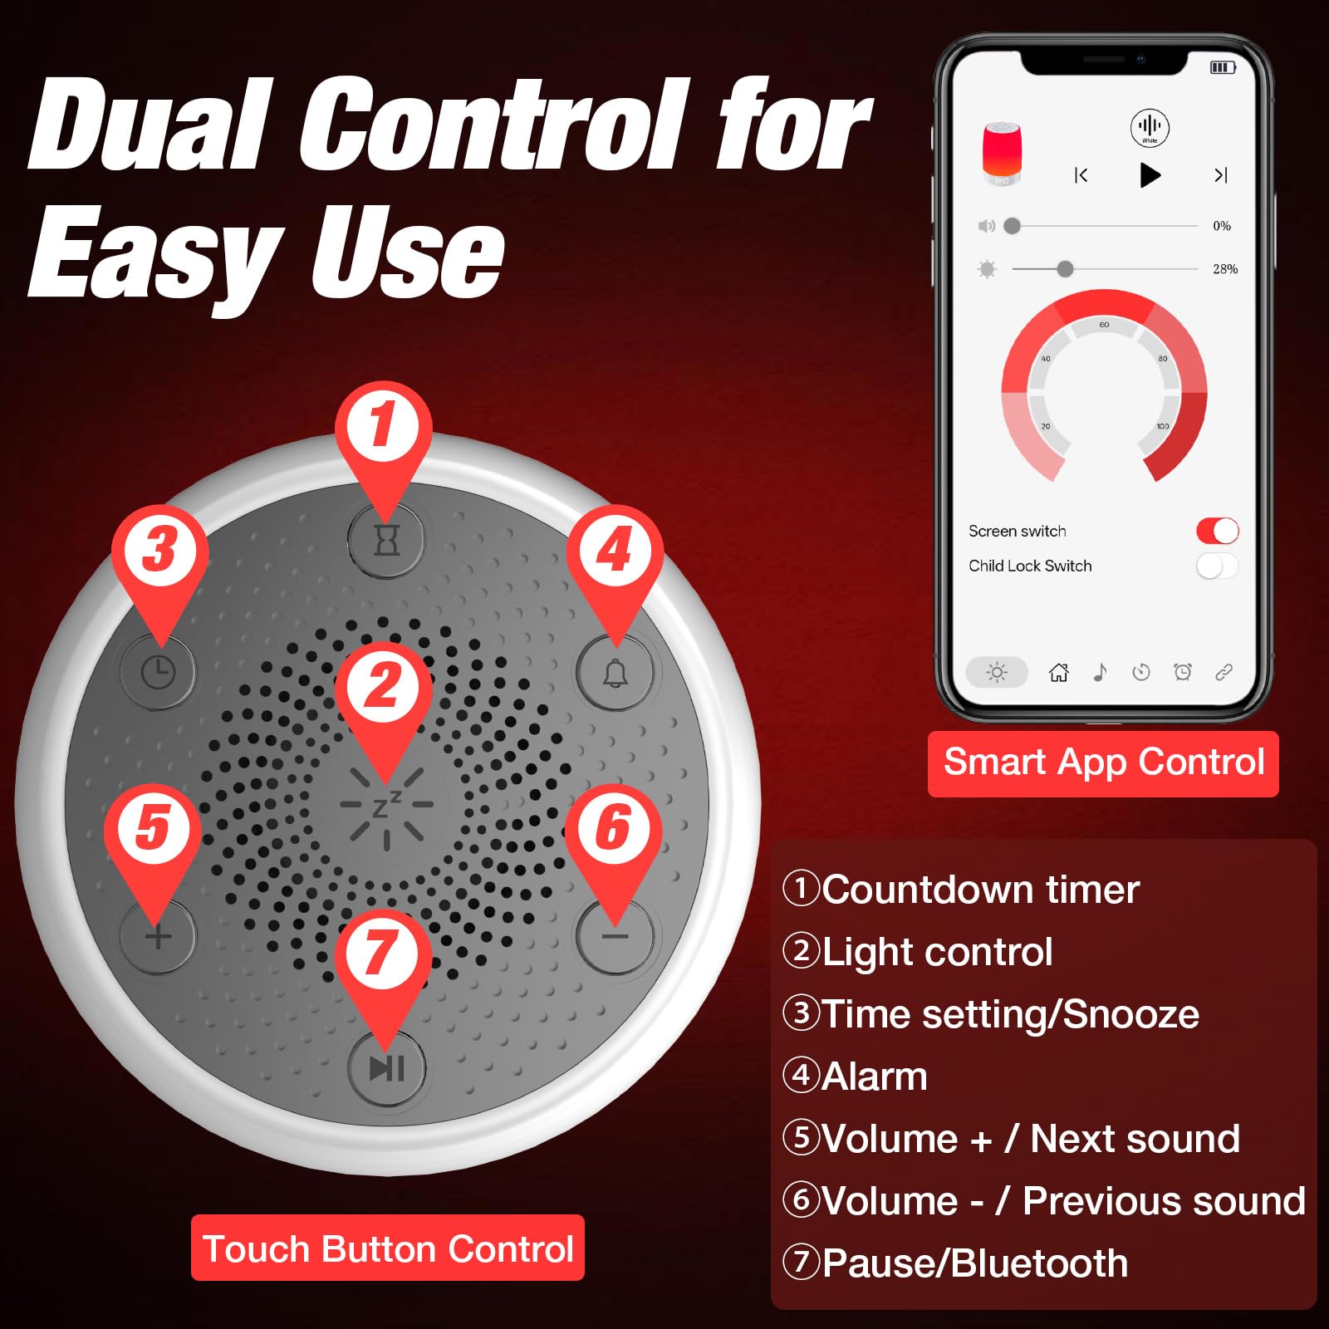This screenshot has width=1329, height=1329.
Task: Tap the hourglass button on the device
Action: click(386, 540)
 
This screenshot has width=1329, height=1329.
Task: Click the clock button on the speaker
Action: click(158, 672)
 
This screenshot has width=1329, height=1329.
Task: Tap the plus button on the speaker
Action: click(158, 937)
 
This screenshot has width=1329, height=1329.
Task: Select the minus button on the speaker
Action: click(615, 937)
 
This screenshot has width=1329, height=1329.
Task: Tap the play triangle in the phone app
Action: click(1150, 175)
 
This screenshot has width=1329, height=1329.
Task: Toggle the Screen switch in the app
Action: click(1217, 531)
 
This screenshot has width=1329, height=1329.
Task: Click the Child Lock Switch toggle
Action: click(1217, 566)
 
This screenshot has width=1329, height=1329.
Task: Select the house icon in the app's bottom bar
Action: click(1058, 672)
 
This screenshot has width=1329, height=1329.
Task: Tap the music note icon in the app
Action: click(1100, 672)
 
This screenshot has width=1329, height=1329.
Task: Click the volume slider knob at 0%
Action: click(1012, 226)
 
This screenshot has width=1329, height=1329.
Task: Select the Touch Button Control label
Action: click(388, 1248)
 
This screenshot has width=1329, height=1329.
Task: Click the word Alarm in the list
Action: click(874, 1076)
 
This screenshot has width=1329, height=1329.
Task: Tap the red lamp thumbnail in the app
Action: click(1002, 154)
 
